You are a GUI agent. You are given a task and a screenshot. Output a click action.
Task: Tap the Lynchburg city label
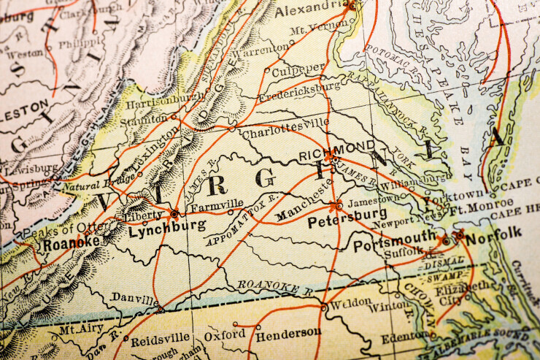[166, 227]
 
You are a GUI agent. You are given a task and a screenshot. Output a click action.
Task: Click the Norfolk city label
[494, 233]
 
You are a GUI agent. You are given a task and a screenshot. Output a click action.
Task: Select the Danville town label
[134, 299]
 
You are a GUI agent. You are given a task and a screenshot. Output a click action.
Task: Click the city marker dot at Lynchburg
[174, 213]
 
